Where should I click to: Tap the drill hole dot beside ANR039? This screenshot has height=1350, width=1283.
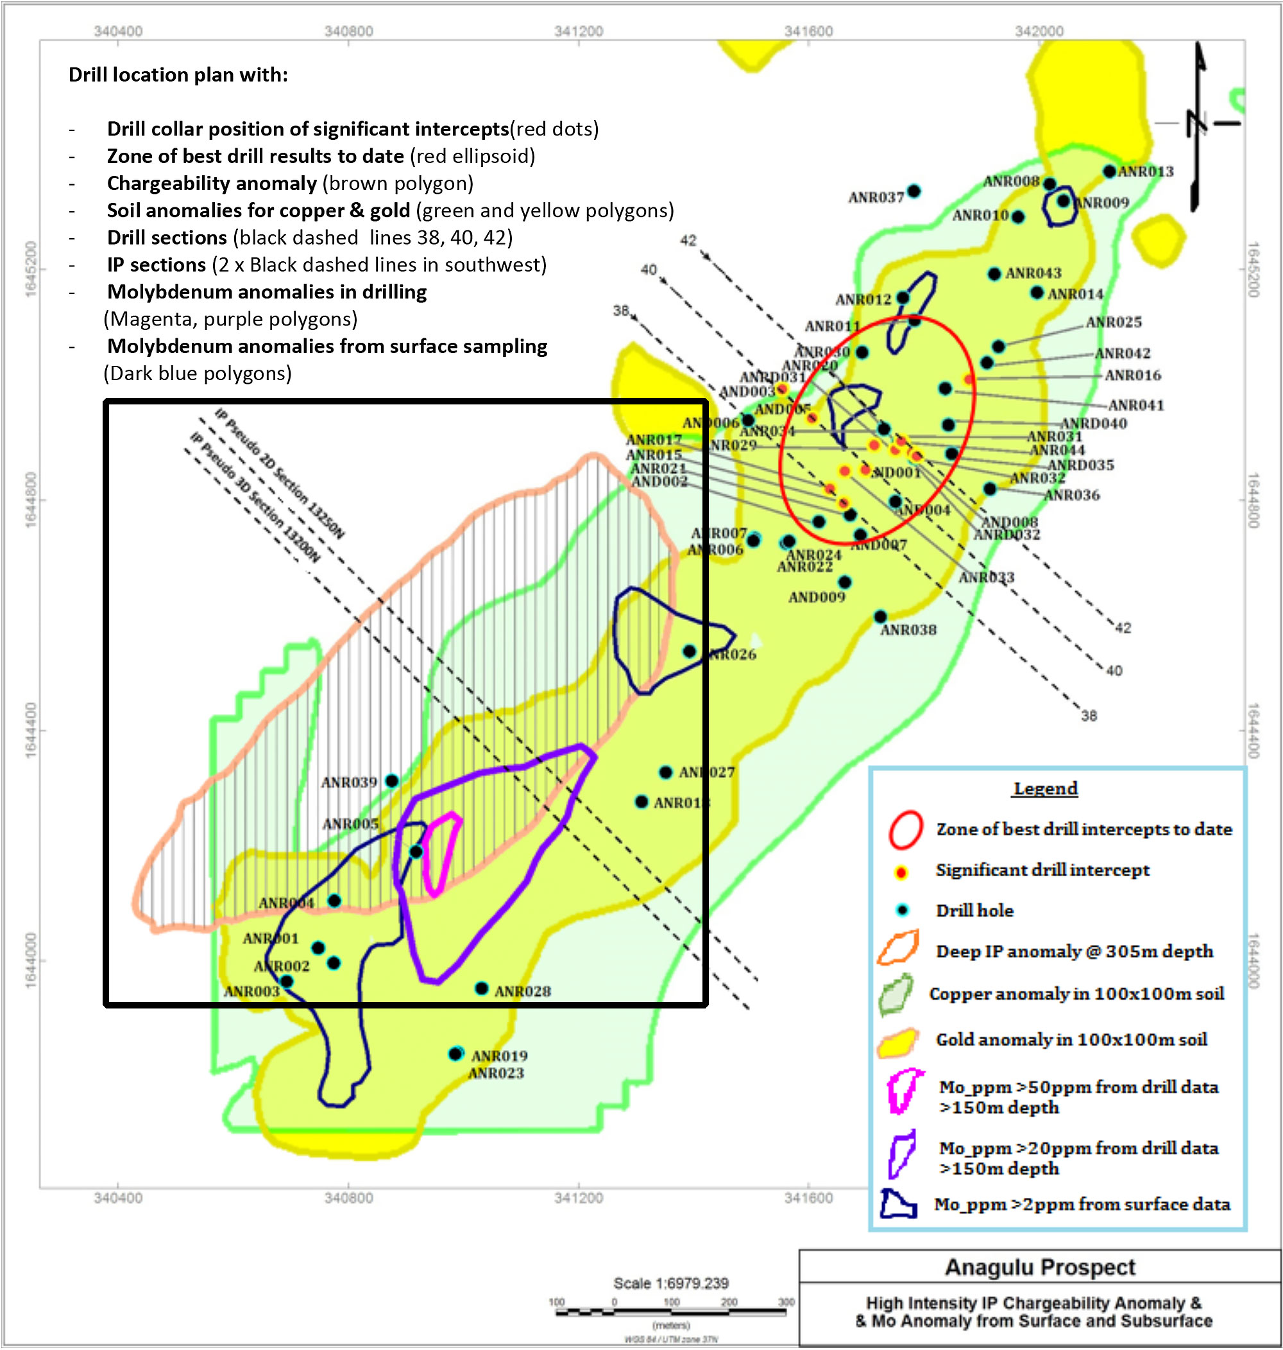(392, 781)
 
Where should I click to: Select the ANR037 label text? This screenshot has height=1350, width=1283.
(876, 197)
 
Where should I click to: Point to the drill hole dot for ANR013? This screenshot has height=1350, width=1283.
(1109, 171)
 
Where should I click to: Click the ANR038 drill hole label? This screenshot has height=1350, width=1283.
(908, 630)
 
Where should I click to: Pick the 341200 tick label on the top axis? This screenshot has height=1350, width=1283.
(579, 31)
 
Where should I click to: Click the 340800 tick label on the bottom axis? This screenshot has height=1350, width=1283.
(349, 1197)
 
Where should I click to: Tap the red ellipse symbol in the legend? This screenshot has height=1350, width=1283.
(906, 829)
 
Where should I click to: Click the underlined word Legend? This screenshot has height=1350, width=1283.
(1045, 788)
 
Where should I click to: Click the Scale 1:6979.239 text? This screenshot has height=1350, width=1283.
(671, 1283)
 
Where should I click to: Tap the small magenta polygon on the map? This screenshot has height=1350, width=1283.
(441, 852)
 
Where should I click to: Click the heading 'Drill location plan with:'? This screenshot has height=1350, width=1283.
(178, 74)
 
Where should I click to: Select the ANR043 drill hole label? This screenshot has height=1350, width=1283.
(1033, 273)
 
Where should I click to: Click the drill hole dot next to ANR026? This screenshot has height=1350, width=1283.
(690, 652)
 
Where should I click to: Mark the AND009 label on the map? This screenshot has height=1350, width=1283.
(817, 598)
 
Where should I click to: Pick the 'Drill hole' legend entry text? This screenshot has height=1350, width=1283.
(974, 911)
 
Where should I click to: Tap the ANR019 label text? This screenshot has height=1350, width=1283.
(499, 1056)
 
